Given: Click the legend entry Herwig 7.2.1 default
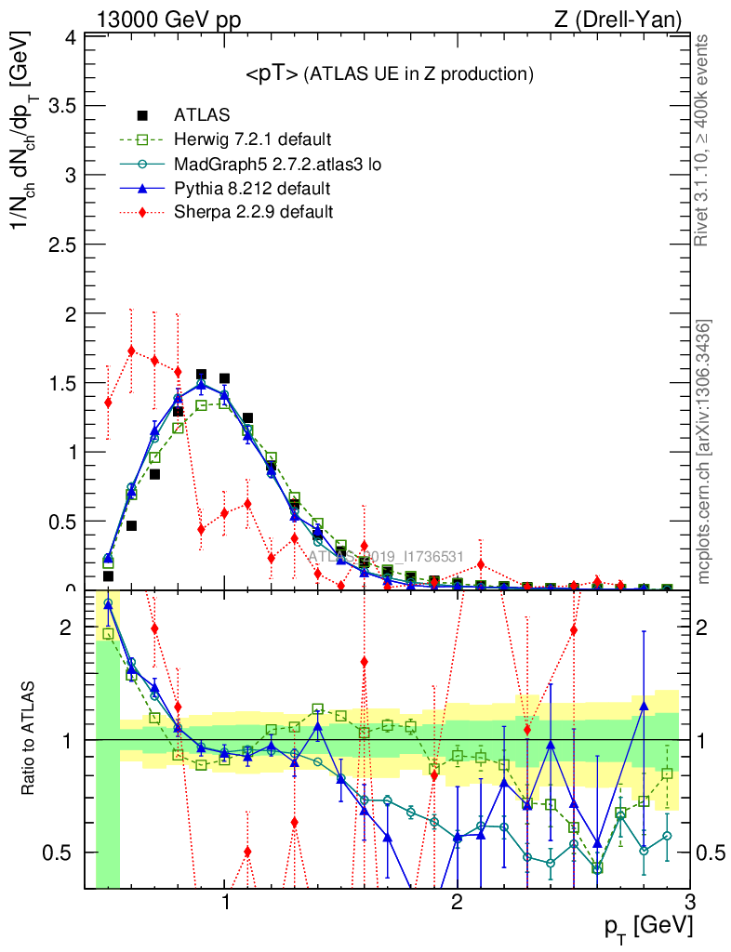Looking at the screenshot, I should [x=252, y=139].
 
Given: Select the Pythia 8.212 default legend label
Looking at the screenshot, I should [x=252, y=188].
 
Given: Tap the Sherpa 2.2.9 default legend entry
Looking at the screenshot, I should [x=254, y=212].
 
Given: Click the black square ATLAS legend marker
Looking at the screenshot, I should [x=142, y=115].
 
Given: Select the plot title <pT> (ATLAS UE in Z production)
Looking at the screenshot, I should [x=389, y=73].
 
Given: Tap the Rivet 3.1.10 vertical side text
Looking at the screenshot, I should [x=702, y=140].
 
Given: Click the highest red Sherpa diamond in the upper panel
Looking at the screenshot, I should [x=131, y=350].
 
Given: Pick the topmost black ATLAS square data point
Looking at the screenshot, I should [x=201, y=375].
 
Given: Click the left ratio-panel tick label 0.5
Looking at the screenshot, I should [x=65, y=852].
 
